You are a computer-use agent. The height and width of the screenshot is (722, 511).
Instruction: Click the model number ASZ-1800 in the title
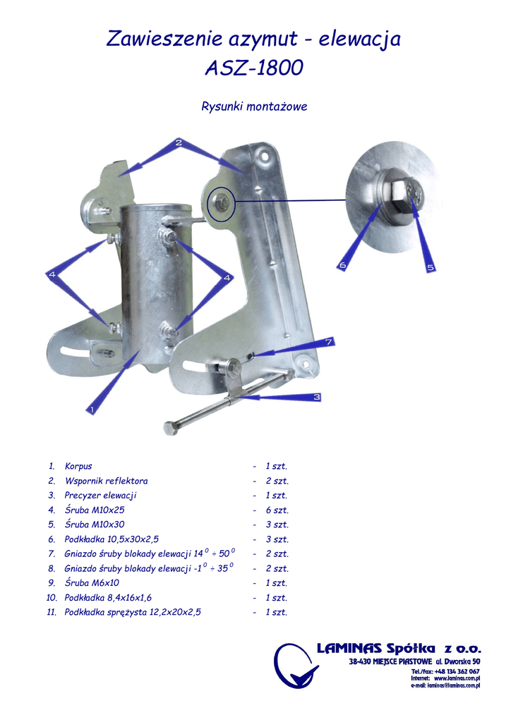254,68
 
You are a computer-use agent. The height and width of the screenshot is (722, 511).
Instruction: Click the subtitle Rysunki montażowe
254,106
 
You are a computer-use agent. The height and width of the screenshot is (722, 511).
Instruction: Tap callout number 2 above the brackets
179,142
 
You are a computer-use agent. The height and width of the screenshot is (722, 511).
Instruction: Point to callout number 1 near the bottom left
92,409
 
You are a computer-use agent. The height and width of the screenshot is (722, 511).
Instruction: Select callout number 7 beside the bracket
329,342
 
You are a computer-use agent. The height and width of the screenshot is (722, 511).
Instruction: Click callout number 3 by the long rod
317,397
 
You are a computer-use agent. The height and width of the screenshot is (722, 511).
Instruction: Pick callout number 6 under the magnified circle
342,265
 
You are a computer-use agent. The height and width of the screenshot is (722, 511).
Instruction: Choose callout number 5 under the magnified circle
430,267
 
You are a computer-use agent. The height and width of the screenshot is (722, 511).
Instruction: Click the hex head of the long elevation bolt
169,429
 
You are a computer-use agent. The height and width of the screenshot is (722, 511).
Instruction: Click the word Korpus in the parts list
78,466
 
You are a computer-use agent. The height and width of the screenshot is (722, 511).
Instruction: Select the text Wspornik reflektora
106,481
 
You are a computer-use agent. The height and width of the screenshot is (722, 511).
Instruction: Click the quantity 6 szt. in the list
277,510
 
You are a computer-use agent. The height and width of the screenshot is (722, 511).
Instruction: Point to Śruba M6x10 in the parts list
92,583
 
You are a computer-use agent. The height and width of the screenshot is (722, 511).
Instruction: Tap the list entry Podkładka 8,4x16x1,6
108,598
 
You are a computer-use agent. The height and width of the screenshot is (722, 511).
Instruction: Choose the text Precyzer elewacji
100,496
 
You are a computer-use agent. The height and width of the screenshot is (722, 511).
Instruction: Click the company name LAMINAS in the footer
349,649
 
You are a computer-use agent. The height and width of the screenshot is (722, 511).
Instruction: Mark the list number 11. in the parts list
52,612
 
